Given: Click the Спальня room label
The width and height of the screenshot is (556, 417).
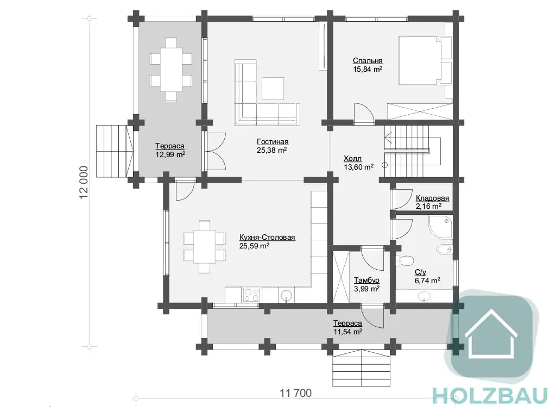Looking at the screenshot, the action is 368,61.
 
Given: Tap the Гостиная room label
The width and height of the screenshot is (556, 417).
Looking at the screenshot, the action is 273,142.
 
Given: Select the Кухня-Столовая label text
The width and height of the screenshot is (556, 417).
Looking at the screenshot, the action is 267,237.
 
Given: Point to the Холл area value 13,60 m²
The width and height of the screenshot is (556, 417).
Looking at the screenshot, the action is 358,167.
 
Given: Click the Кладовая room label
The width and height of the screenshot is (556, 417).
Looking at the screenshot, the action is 432,198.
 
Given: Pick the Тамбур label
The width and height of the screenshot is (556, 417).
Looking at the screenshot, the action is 367,281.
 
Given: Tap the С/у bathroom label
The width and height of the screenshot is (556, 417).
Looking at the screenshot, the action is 420,272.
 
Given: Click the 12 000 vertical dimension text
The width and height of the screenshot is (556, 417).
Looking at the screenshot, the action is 84,182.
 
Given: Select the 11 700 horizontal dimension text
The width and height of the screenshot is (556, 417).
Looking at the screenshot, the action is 296,393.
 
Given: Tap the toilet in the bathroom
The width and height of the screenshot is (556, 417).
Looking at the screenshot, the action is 405,261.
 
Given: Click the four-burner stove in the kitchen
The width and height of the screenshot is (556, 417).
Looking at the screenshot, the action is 251,295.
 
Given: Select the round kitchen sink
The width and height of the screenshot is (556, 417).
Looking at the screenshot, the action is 287,295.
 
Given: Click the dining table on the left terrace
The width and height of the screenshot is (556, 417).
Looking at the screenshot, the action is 172,70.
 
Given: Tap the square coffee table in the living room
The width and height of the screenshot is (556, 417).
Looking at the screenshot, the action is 273,88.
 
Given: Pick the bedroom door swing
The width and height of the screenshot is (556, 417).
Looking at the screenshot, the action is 363,114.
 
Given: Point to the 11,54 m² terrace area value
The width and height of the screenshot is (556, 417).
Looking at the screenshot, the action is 348,332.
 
